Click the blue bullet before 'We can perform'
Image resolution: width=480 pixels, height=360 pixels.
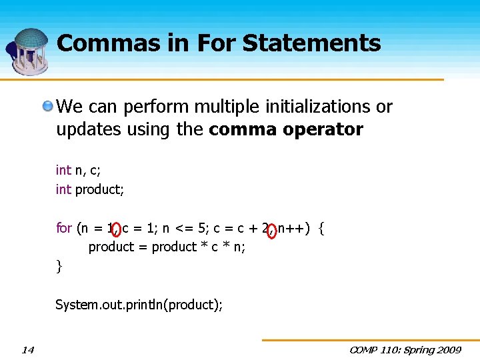coord(48,107)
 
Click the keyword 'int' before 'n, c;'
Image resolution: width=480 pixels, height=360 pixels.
coord(63,171)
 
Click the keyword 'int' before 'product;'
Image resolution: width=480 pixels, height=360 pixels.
coord(63,189)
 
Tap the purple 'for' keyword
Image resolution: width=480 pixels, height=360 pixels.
coord(64,228)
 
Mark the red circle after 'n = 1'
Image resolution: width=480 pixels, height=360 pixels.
coord(117,230)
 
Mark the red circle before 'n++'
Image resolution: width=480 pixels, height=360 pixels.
coord(271,230)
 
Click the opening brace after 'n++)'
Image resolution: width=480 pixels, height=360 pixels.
coord(322,229)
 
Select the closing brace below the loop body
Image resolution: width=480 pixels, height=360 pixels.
coord(59,267)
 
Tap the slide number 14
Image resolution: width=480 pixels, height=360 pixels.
coord(27,350)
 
